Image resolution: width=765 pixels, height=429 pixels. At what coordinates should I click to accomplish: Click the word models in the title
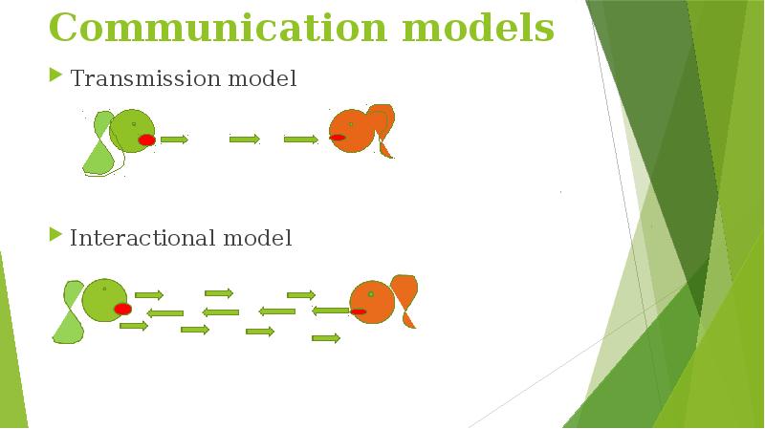478,28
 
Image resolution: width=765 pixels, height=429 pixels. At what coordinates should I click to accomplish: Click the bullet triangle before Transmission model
55,75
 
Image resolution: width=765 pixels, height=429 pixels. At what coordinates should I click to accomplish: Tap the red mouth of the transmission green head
146,139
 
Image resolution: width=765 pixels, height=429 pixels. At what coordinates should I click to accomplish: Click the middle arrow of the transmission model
245,139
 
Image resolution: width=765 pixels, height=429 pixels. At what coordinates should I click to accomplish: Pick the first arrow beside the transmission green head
174,139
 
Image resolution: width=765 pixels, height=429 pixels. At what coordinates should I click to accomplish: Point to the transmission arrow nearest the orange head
300,139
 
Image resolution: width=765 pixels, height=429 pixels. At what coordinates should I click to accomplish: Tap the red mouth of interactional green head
122,309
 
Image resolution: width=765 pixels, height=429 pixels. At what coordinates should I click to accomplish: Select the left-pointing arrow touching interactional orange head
331,311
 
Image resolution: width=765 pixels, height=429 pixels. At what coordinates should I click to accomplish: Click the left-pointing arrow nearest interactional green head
165,312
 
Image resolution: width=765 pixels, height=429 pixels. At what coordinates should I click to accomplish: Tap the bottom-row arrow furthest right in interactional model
326,337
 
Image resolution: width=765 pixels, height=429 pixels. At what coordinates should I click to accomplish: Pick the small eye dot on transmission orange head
351,124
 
